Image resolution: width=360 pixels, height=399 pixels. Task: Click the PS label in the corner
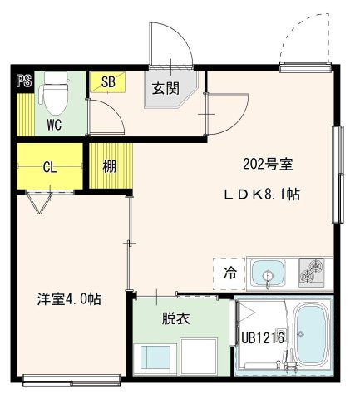click(x=23, y=81)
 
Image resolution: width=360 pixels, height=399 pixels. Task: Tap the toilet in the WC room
click(x=55, y=96)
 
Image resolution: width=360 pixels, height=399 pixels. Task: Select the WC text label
click(x=54, y=126)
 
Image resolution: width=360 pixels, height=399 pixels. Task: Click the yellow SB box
click(x=108, y=81)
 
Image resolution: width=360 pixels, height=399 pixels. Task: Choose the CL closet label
click(x=49, y=166)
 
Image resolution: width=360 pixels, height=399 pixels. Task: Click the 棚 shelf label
click(x=109, y=165)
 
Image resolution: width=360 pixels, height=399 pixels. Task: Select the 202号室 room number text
click(x=267, y=164)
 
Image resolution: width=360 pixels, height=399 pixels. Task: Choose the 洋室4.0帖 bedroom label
click(x=68, y=299)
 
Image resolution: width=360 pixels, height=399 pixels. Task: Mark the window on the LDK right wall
click(x=337, y=174)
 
